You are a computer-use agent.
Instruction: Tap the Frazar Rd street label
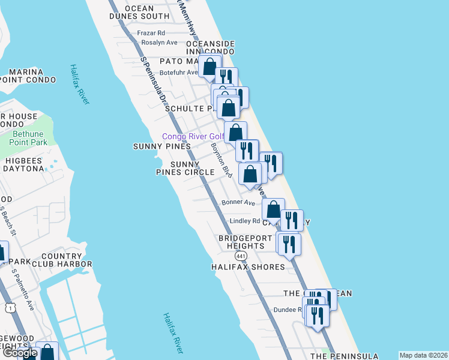[x=151, y=33]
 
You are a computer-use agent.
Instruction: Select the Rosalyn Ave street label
[x=160, y=43]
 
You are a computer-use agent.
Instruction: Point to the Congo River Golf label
[x=193, y=136]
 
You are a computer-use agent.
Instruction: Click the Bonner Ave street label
[x=238, y=202]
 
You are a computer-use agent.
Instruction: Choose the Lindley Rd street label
[x=245, y=221]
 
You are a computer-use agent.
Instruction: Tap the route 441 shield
[x=241, y=256]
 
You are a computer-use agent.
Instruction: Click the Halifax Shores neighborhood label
[x=248, y=266]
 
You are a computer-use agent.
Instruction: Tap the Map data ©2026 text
[x=424, y=355]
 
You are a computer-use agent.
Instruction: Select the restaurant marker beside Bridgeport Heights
[x=289, y=244]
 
